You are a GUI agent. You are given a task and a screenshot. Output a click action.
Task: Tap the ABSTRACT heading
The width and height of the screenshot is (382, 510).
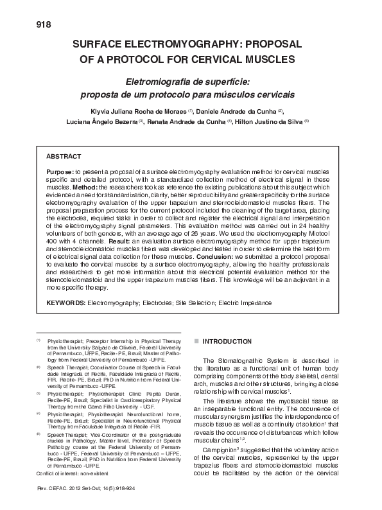[64, 156]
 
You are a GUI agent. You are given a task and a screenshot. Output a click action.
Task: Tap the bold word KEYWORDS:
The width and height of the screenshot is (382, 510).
[65, 301]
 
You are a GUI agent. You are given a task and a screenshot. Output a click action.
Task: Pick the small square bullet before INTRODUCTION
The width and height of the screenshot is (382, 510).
[196, 342]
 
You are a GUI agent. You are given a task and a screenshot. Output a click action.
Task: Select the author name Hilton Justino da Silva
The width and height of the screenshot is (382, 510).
[269, 121]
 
